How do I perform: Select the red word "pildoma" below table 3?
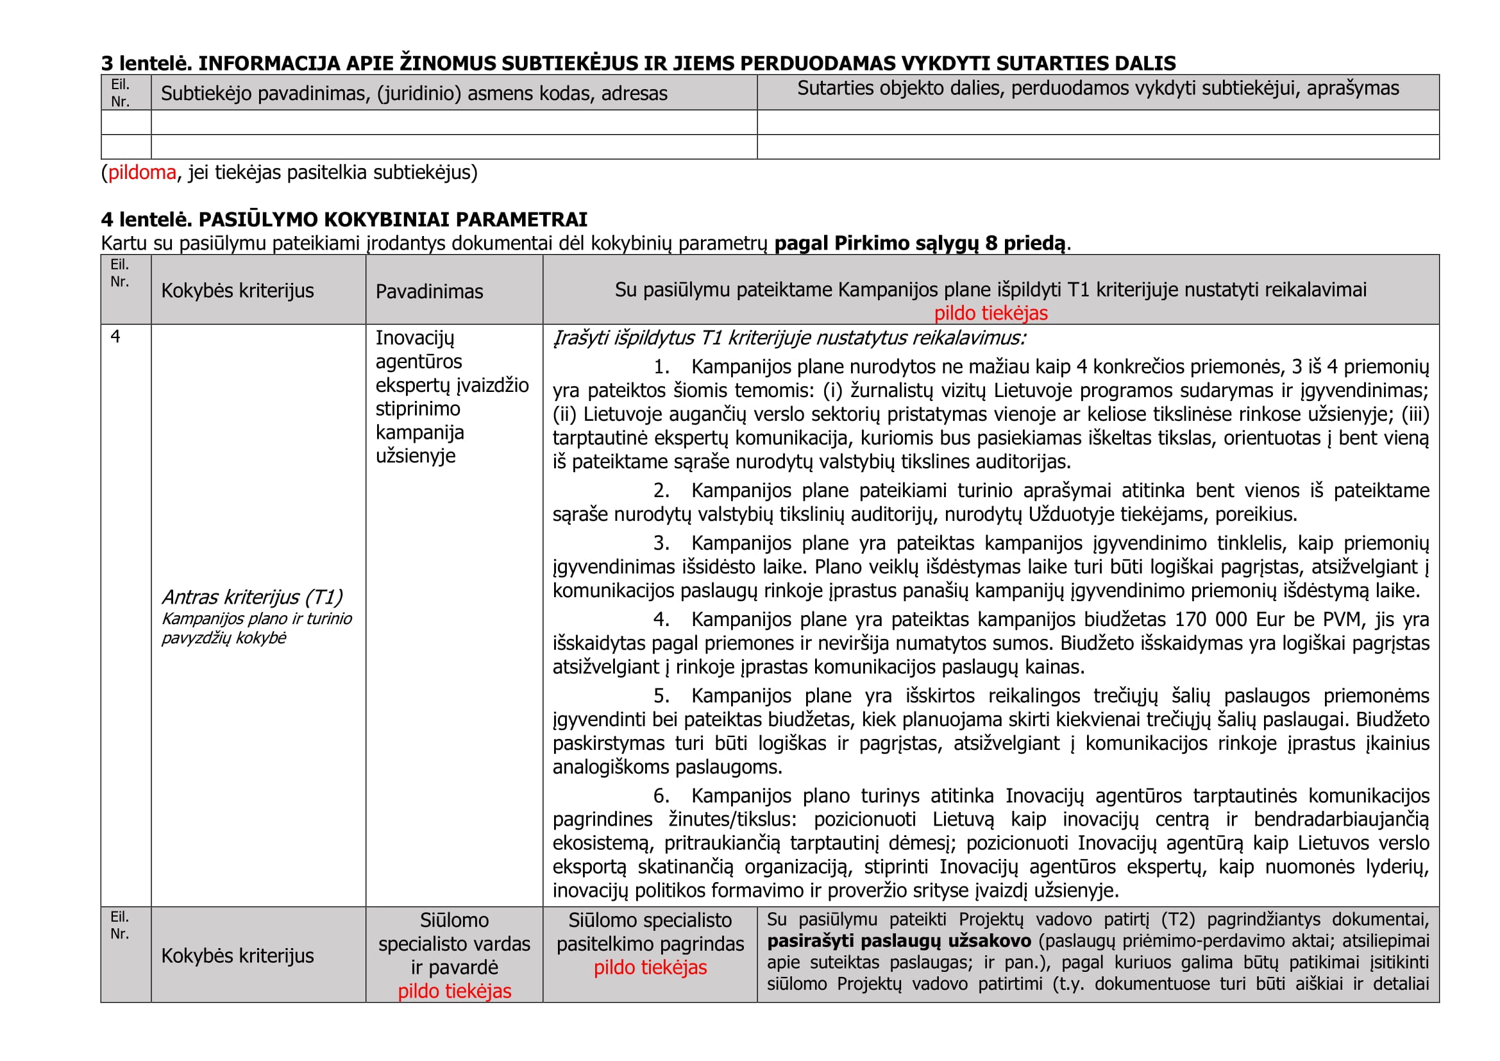click(x=142, y=173)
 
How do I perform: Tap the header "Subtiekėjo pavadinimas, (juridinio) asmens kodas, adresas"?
click(x=414, y=94)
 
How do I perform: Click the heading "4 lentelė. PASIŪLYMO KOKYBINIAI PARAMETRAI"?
click(x=344, y=219)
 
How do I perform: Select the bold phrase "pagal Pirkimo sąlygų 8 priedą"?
click(x=920, y=244)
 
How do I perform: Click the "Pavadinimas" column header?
click(x=429, y=291)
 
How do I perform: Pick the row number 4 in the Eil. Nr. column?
click(x=115, y=337)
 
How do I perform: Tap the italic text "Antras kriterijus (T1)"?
click(x=252, y=597)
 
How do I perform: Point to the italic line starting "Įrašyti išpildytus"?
click(x=789, y=339)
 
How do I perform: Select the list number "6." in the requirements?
click(x=661, y=795)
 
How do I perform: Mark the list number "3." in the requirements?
click(x=661, y=543)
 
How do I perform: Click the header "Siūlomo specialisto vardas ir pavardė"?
click(x=454, y=944)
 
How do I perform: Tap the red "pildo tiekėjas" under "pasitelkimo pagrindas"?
click(x=650, y=968)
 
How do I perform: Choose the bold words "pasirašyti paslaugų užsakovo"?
click(x=899, y=942)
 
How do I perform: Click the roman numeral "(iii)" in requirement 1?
click(x=1415, y=414)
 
